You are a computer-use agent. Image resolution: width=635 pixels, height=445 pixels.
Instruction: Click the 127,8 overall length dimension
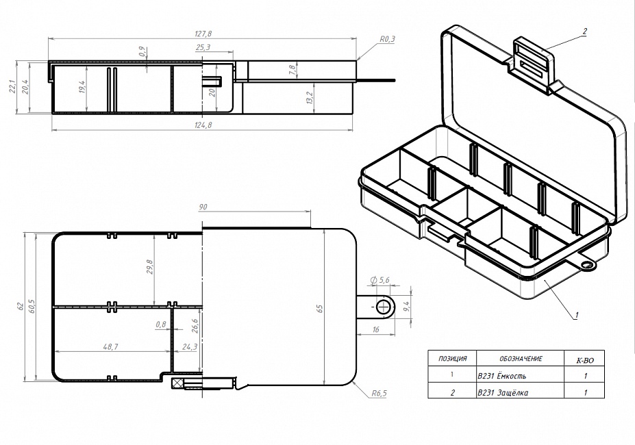[x=203, y=34]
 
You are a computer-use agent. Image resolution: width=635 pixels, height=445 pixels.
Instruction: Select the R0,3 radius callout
[x=388, y=40]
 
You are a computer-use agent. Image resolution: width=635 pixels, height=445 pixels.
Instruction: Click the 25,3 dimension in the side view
[x=202, y=47]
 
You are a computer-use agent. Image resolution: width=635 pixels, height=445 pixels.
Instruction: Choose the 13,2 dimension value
[x=310, y=97]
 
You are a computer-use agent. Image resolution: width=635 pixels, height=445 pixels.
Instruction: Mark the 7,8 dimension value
[x=292, y=70]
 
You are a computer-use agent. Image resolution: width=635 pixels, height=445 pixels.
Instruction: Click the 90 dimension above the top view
[x=203, y=207]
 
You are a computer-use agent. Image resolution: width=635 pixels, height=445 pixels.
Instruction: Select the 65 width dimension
[x=320, y=309]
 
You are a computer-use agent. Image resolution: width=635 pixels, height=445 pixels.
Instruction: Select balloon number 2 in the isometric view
[x=584, y=31]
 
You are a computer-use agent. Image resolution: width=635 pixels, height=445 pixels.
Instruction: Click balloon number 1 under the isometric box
[x=577, y=315]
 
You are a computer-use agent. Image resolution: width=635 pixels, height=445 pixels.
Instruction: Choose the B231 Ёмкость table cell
[x=502, y=376]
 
